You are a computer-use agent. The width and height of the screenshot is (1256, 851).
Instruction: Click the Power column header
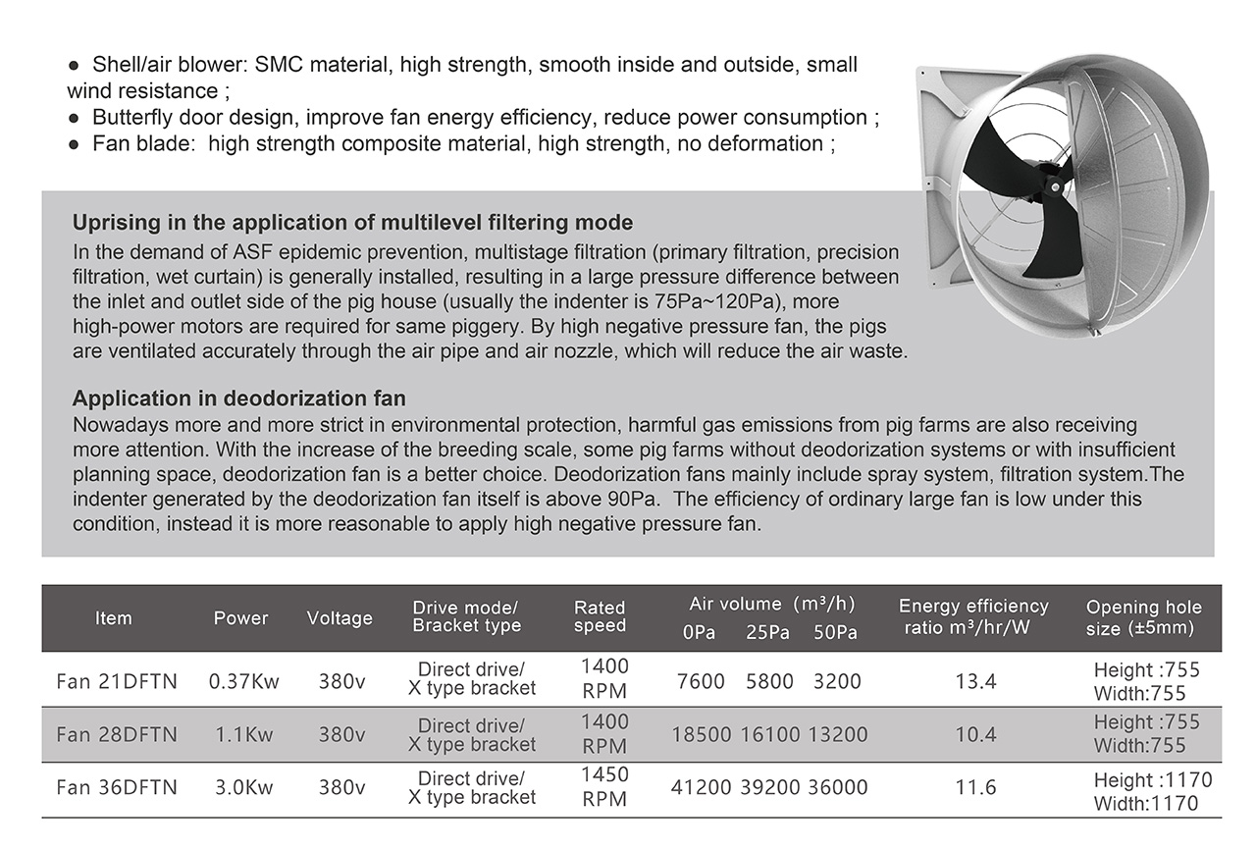[240, 617]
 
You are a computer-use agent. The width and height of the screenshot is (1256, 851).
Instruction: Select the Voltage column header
[340, 617]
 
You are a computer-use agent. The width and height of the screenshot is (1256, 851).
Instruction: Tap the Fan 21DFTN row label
[117, 681]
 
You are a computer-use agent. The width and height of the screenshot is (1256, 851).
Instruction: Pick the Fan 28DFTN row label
[117, 734]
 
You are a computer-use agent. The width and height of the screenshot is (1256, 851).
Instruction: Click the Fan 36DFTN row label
[117, 787]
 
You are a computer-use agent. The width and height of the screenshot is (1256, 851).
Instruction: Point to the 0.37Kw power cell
[244, 681]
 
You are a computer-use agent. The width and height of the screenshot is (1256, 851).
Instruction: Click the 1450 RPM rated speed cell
[604, 787]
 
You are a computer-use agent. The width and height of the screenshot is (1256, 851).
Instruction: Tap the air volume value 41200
[701, 787]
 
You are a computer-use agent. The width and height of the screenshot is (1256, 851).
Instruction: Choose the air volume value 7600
[701, 681]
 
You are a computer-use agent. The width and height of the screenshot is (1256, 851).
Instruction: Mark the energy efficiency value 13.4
[975, 681]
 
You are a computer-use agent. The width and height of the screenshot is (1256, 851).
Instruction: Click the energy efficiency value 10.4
[975, 734]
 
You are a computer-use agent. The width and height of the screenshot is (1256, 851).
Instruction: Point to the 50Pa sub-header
[835, 633]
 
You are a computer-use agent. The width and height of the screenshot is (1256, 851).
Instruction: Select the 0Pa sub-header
[699, 633]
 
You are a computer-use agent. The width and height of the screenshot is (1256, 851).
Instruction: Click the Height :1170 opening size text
[1153, 780]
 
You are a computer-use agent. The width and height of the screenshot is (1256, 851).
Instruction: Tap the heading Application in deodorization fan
[239, 399]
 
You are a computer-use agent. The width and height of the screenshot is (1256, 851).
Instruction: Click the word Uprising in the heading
[113, 222]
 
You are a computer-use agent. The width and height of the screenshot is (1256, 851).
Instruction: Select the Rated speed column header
[600, 616]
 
